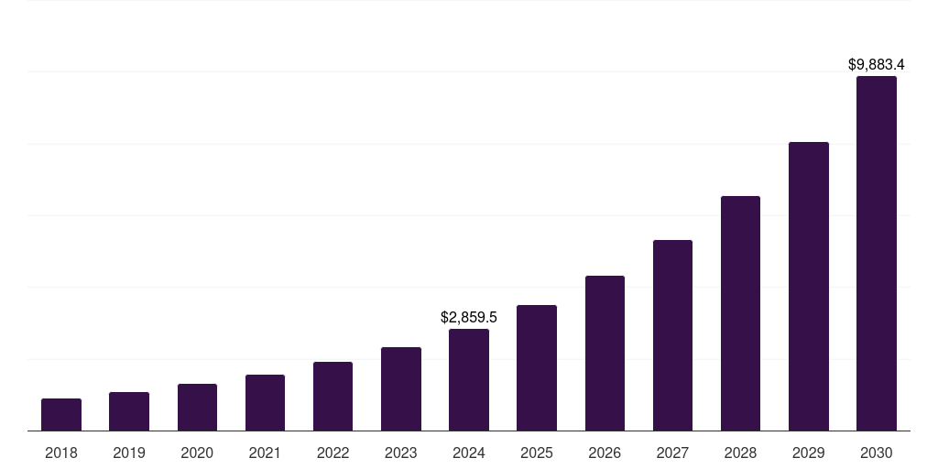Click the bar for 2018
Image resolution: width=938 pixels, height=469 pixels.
[x=61, y=414]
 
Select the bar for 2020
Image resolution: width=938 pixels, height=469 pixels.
[x=197, y=407]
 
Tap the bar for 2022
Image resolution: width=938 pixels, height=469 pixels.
[x=333, y=396]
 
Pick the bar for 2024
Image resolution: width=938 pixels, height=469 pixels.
[x=469, y=379]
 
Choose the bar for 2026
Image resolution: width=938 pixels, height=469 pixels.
[x=605, y=353]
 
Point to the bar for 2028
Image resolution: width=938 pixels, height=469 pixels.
[x=740, y=313]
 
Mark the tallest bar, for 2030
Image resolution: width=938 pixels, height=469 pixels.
[x=877, y=253]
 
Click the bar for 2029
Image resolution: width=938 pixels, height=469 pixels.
[x=809, y=286]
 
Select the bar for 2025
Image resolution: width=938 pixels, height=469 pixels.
[x=537, y=367]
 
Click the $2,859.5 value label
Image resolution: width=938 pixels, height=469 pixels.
[x=469, y=318]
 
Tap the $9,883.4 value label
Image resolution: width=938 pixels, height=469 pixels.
[x=877, y=65]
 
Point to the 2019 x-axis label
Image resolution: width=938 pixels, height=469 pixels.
[x=129, y=453]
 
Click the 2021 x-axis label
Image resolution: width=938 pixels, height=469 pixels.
[x=265, y=453]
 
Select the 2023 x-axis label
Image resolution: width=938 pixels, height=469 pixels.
[x=401, y=453]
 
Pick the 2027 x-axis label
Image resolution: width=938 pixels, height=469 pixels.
[x=672, y=453]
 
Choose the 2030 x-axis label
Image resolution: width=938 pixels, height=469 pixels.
[x=877, y=453]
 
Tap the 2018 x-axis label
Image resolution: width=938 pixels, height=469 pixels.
[x=61, y=453]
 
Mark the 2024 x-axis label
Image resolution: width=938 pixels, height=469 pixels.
[x=469, y=453]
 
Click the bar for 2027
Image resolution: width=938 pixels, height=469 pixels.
[x=672, y=335]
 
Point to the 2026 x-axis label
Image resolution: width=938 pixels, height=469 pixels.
[x=605, y=453]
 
